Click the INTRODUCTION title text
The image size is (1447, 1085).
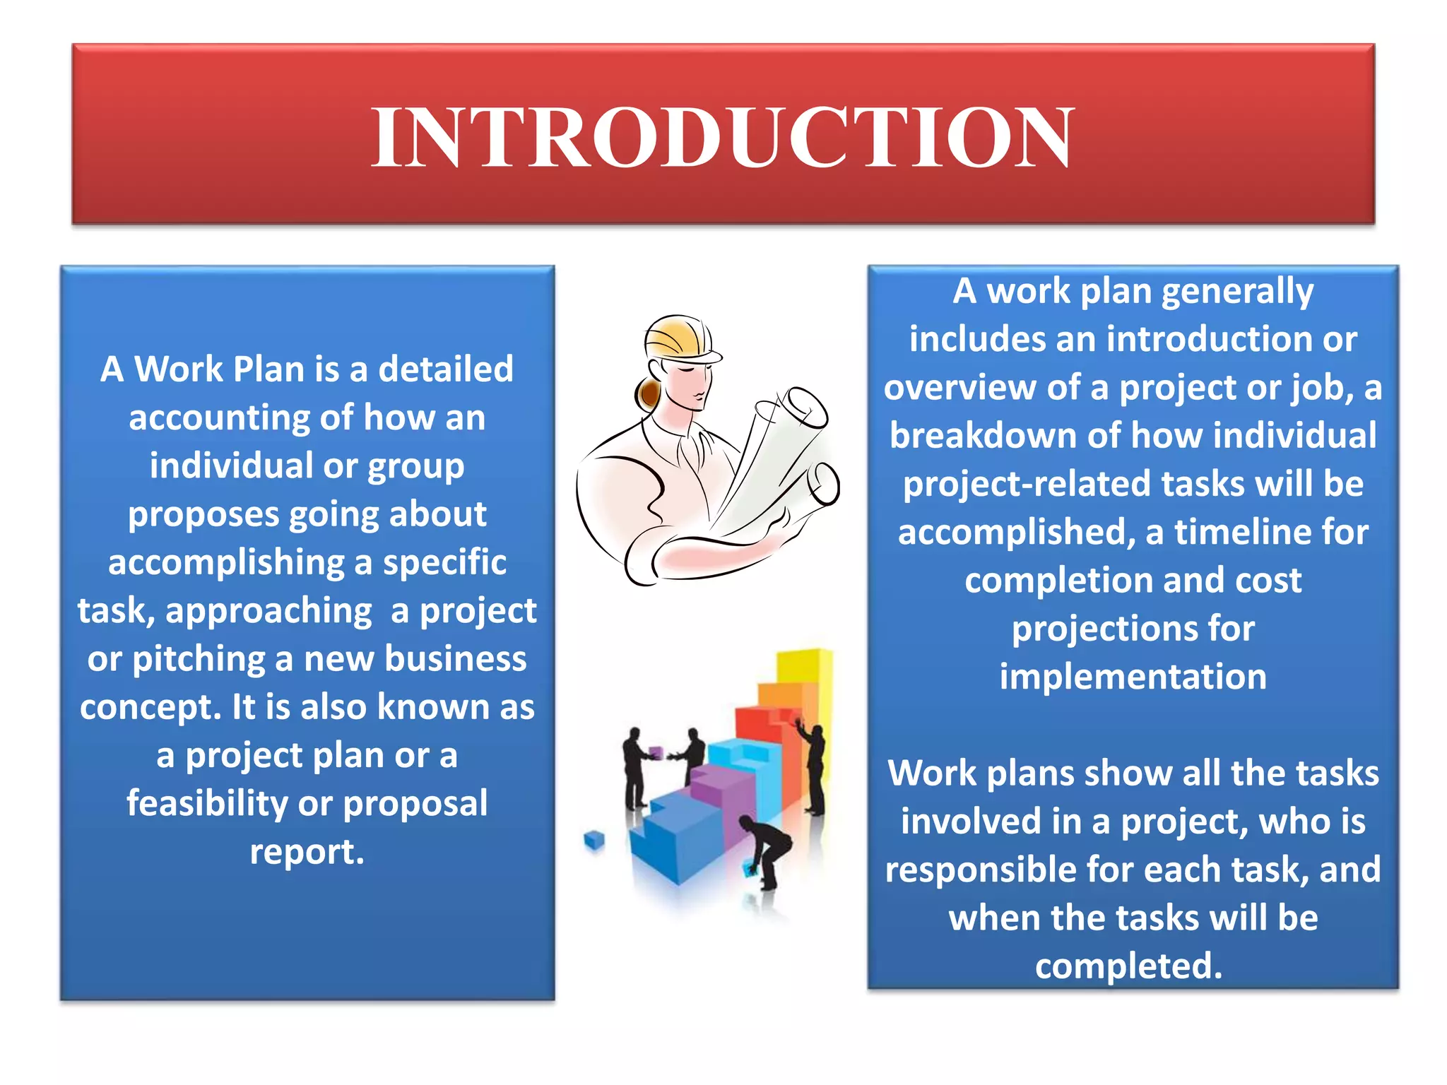pos(722,137)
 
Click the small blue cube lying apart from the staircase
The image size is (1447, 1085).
pos(595,841)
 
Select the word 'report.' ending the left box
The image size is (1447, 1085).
pos(307,852)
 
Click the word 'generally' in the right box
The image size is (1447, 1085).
pos(1237,292)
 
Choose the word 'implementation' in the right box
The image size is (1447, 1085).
pos(1133,677)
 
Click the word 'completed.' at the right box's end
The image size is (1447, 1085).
pos(1128,966)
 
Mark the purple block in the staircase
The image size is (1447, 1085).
pos(714,784)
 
